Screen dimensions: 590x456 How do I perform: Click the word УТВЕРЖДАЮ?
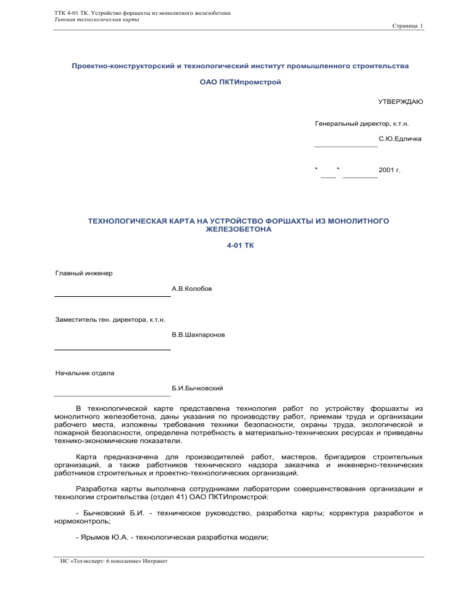[x=400, y=102]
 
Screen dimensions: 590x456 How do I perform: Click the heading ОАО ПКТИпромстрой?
[x=240, y=81]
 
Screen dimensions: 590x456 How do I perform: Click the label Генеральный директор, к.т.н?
[x=362, y=124]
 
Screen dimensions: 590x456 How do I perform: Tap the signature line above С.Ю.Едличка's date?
[x=346, y=145]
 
